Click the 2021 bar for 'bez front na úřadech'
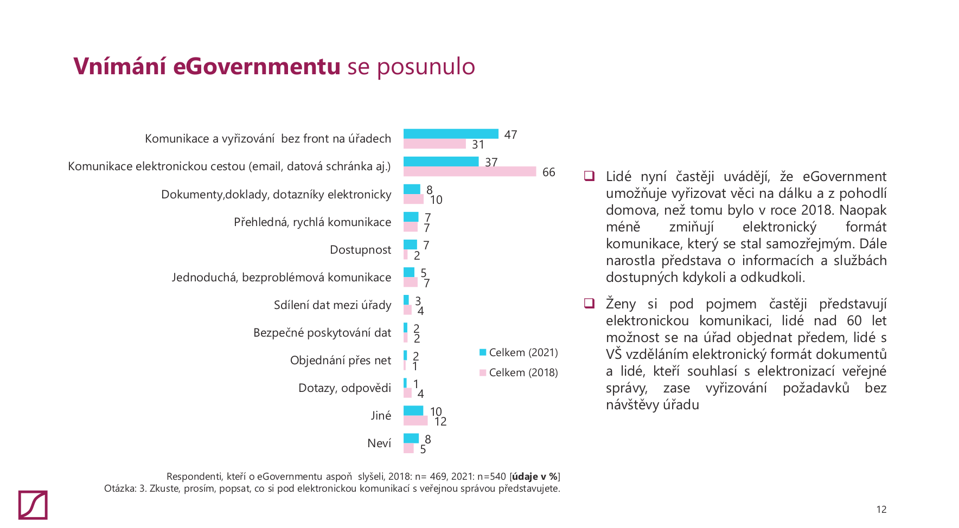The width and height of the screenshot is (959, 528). click(451, 134)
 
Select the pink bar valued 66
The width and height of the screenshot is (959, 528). click(470, 172)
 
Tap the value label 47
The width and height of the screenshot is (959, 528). click(510, 134)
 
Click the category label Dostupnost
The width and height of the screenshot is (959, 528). click(360, 250)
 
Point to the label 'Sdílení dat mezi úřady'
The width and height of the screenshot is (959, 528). click(332, 305)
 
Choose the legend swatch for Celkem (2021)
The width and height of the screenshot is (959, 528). click(483, 352)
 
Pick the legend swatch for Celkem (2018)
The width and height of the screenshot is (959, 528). click(483, 372)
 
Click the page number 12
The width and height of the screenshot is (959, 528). click(881, 510)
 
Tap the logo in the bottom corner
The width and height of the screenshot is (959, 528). click(33, 505)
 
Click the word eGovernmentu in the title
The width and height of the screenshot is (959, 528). click(257, 66)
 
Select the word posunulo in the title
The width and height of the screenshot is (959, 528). click(426, 67)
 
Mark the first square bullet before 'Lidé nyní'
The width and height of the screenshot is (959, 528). click(589, 176)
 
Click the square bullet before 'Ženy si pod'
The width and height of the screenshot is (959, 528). click(589, 303)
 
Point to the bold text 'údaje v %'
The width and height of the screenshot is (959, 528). click(534, 477)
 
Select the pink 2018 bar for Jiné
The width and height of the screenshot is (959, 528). click(415, 421)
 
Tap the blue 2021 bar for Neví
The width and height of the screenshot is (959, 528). click(411, 438)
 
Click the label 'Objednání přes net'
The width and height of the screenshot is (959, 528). click(340, 360)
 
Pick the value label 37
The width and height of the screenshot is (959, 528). click(491, 162)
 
